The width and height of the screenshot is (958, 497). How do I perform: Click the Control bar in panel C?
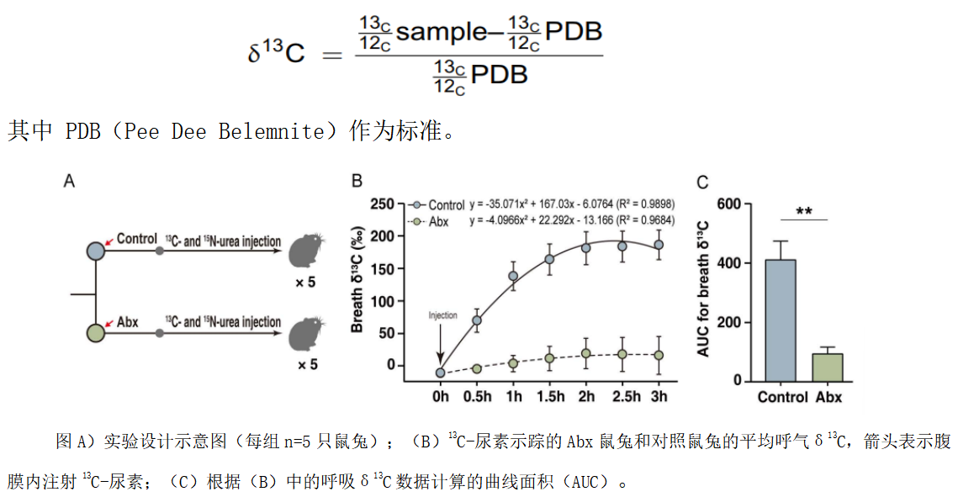tap(780, 320)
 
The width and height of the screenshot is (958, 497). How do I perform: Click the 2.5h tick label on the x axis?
tap(622, 396)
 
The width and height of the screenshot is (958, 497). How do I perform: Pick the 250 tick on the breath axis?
tap(383, 204)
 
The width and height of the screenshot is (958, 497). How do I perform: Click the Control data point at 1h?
tap(513, 276)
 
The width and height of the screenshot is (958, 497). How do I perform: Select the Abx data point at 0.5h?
tap(476, 368)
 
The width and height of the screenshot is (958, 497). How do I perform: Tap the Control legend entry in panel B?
tap(439, 204)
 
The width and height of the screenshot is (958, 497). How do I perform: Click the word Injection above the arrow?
tap(442, 316)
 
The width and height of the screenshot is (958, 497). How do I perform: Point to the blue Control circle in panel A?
tap(97, 251)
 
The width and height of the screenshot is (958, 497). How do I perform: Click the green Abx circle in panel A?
tap(97, 332)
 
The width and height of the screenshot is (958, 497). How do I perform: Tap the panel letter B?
tap(357, 181)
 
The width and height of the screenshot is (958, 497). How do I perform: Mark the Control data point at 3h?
tap(659, 245)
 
